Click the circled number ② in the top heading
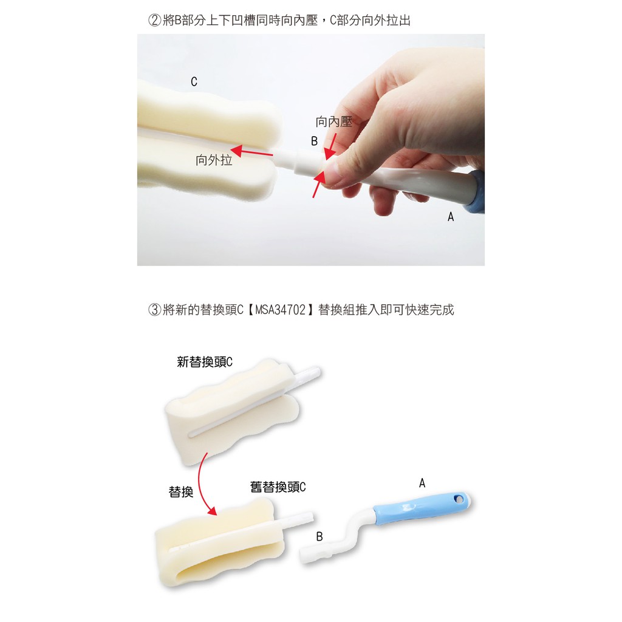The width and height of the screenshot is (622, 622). [154, 20]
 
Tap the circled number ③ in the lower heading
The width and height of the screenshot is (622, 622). [154, 310]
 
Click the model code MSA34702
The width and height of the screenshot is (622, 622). [280, 310]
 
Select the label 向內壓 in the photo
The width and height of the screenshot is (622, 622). [334, 121]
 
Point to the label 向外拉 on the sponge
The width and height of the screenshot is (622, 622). [214, 160]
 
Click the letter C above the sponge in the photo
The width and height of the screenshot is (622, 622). [194, 82]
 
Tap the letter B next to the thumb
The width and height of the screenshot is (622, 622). [314, 141]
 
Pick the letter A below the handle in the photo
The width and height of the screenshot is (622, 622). [451, 217]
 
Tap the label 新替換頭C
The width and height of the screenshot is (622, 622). [205, 362]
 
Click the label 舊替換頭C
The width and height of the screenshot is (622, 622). [278, 487]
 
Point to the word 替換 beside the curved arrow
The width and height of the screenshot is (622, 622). [181, 492]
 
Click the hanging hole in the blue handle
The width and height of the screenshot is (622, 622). [459, 499]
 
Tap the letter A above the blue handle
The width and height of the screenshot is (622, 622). [422, 483]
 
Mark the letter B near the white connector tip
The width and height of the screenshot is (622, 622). [320, 537]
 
